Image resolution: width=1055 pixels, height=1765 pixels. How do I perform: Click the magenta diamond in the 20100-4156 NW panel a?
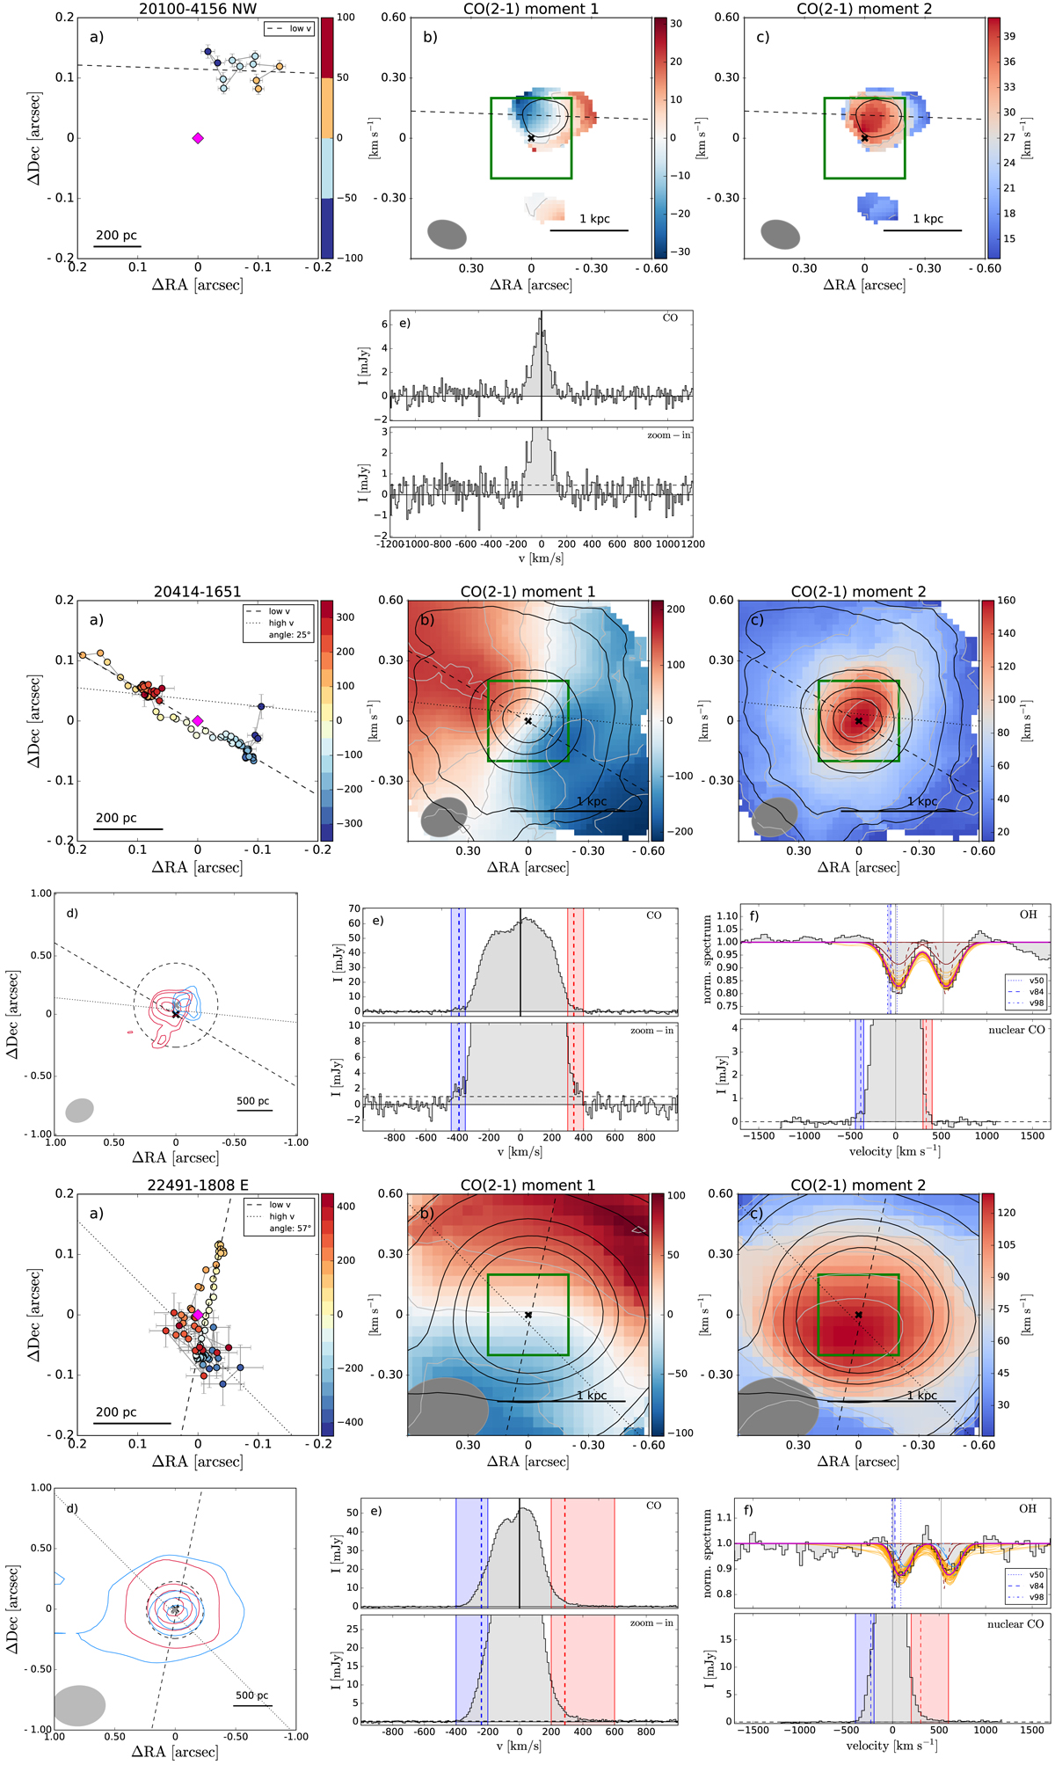coord(198,138)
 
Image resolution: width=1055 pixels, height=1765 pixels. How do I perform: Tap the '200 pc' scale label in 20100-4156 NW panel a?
coord(117,236)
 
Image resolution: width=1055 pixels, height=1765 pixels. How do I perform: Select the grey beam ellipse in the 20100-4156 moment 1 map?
coord(447,235)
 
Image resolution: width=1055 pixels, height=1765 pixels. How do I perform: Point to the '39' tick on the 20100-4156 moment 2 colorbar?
coord(1009,37)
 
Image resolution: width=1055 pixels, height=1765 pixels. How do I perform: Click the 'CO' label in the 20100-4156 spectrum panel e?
coord(670,318)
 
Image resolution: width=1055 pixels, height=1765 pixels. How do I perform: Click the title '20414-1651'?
coord(197,592)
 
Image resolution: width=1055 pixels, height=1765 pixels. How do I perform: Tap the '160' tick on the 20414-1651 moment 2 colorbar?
coord(1006,601)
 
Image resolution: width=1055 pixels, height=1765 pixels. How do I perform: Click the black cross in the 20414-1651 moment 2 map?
coord(859,721)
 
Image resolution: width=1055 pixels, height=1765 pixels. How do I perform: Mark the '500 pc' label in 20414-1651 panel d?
coord(253,1101)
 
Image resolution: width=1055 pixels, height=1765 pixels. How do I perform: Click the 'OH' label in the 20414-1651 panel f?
coord(1028,915)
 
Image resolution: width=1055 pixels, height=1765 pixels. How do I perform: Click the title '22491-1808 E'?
coord(197,1185)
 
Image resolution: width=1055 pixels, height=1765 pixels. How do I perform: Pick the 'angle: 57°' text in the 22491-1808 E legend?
coord(290,1229)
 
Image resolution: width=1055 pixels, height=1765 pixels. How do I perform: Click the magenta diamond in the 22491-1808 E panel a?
coord(198,1316)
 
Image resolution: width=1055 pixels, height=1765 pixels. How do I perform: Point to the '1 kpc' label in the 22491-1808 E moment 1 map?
coord(592,1396)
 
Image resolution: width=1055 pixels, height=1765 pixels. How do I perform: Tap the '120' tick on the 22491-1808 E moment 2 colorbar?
coord(1007,1213)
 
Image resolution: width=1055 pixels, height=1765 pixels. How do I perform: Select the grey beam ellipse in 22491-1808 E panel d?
coord(79,1705)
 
